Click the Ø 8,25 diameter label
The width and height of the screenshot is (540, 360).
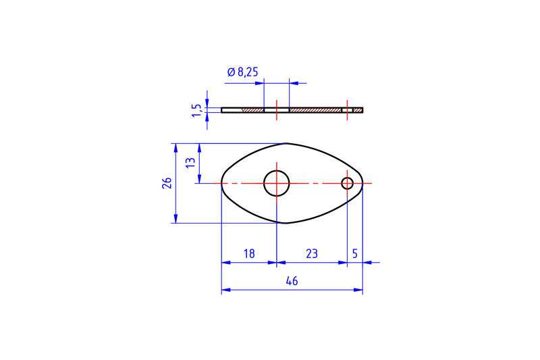(x=242, y=72)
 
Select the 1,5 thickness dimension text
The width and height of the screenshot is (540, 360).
(x=196, y=110)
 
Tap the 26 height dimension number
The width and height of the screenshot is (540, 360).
(x=167, y=182)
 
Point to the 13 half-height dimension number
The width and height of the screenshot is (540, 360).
(x=190, y=163)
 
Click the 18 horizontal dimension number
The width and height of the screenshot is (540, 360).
(x=248, y=254)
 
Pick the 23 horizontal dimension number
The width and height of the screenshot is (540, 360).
(x=311, y=254)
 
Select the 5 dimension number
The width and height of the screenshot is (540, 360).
(x=355, y=254)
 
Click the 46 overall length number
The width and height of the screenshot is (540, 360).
(x=292, y=281)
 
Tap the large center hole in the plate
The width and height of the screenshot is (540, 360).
(x=276, y=182)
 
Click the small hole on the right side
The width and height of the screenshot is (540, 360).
(x=348, y=183)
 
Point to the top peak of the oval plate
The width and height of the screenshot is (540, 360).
(x=287, y=143)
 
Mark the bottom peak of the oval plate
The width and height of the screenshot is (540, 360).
(x=287, y=222)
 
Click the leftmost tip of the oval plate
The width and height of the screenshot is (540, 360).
(x=222, y=182)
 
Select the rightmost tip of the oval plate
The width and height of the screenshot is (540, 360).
(x=362, y=183)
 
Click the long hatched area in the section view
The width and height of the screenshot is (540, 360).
(x=315, y=110)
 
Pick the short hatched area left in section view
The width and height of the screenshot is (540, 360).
(x=254, y=110)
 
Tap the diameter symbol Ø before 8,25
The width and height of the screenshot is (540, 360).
(x=230, y=72)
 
